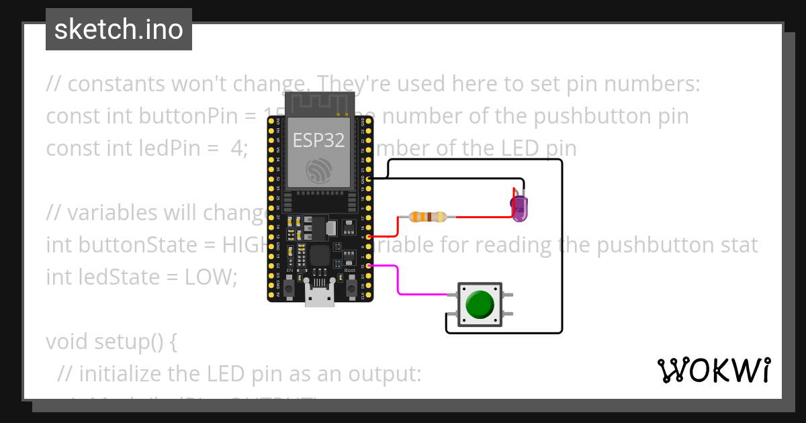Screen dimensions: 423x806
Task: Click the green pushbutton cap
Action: (x=479, y=304)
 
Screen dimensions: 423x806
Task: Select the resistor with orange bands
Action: (x=428, y=217)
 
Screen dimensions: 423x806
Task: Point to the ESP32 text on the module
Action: (x=318, y=140)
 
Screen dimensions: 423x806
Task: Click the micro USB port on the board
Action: (x=320, y=296)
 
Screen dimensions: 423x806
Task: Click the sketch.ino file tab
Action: (x=119, y=30)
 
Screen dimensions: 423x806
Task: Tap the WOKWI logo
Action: (x=714, y=370)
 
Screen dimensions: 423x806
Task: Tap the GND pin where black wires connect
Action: (x=369, y=179)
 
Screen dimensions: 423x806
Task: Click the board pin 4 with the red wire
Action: (x=369, y=236)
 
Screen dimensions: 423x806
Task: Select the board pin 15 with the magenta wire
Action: (x=369, y=266)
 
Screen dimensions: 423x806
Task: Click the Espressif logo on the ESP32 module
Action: (x=318, y=171)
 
